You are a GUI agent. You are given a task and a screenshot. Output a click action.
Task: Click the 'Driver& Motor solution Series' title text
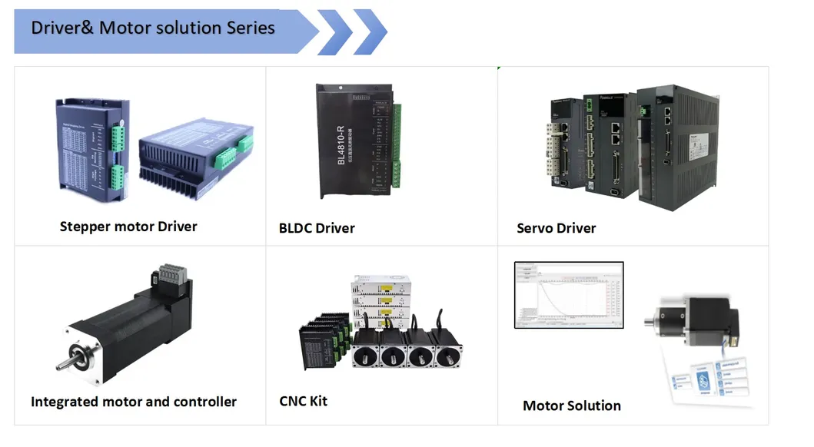click(152, 28)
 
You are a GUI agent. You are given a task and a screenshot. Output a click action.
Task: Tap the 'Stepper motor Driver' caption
click(128, 227)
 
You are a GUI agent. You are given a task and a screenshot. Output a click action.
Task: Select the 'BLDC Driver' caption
click(317, 228)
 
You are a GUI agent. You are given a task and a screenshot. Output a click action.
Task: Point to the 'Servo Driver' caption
click(556, 228)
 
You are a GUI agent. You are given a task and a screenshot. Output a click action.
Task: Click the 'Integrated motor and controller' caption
click(134, 402)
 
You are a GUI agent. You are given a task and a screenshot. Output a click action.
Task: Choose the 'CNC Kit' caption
click(303, 401)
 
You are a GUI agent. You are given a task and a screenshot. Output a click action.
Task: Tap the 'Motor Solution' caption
click(571, 406)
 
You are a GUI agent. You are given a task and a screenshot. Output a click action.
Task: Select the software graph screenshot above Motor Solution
click(568, 296)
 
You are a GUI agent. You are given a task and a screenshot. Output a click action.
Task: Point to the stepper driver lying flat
click(196, 157)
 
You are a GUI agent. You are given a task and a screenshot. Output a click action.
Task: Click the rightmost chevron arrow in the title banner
click(370, 31)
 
